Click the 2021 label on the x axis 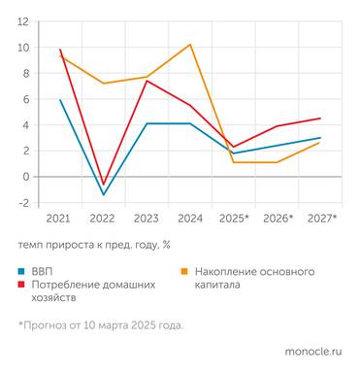pyautogui.click(x=60, y=219)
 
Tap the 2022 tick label pyautogui.click(x=104, y=219)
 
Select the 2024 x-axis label pyautogui.click(x=190, y=219)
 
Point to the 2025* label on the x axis pyautogui.click(x=234, y=219)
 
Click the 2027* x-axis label pyautogui.click(x=321, y=219)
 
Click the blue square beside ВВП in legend pyautogui.click(x=22, y=271)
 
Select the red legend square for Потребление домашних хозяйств pyautogui.click(x=22, y=286)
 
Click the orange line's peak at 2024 pyautogui.click(x=190, y=45)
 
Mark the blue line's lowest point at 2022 pyautogui.click(x=104, y=194)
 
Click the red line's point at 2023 pyautogui.click(x=147, y=81)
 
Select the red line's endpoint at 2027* pyautogui.click(x=321, y=119)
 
